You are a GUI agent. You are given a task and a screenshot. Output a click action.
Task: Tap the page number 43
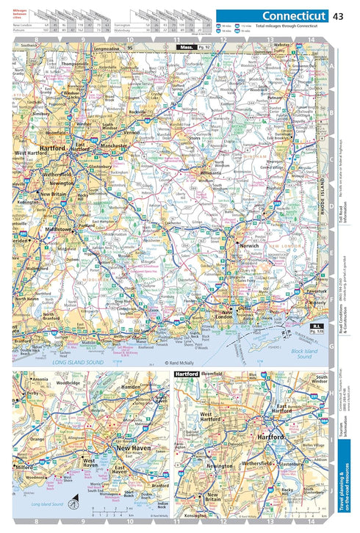pyautogui.click(x=338, y=16)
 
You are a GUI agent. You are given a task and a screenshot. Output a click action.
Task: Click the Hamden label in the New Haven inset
pyautogui.click(x=130, y=387)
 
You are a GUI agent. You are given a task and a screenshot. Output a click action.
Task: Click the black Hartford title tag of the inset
pyautogui.click(x=186, y=374)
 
